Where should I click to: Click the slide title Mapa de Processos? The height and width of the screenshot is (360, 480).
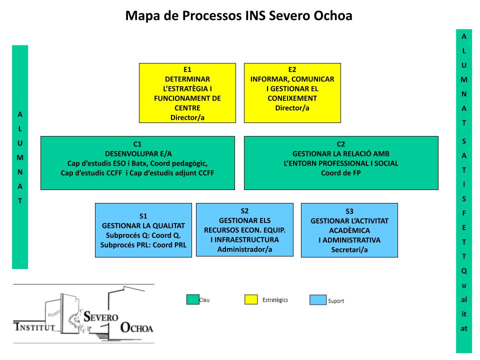tap(238, 16)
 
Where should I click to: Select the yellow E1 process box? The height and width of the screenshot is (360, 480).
tap(187, 93)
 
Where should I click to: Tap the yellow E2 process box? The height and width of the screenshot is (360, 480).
tap(292, 93)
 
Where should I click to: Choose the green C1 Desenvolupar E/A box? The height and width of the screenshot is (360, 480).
tap(137, 163)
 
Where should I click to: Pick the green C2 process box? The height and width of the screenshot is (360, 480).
tap(341, 163)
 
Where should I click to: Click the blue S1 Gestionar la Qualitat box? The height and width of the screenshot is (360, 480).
tap(143, 230)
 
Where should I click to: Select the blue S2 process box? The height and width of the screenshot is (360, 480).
tap(244, 229)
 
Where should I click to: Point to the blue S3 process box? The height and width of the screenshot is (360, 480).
tap(349, 230)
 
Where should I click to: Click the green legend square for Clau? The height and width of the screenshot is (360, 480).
tap(192, 299)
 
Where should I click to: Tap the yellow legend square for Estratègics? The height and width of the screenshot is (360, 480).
tap(251, 299)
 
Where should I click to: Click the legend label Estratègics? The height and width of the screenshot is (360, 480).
tap(275, 300)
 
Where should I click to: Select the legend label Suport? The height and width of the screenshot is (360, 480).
tap(336, 301)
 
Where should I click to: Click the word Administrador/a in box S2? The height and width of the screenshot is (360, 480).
tap(244, 249)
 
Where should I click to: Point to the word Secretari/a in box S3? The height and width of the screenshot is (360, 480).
tap(349, 249)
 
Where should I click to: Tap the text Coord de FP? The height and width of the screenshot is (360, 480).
tap(341, 173)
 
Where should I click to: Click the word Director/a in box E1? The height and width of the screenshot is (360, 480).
tap(187, 117)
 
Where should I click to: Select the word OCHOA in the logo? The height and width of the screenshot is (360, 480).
tap(137, 328)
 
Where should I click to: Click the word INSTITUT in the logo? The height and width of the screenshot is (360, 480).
tap(34, 328)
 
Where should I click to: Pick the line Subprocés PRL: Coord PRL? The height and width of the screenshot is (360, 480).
tap(143, 245)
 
